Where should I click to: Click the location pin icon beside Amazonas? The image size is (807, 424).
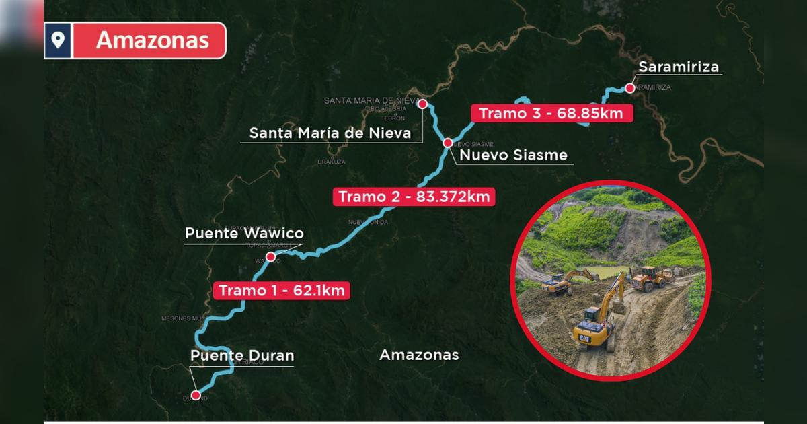click(x=58, y=40)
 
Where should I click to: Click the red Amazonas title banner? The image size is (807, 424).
click(x=152, y=40)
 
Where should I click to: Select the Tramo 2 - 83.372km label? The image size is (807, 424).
click(x=414, y=197)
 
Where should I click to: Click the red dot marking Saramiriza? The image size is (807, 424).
click(x=629, y=87)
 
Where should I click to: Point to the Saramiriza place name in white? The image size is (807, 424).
click(x=679, y=67)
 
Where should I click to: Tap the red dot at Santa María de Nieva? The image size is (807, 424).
click(x=422, y=104)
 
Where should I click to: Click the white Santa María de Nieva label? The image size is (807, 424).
click(x=330, y=133)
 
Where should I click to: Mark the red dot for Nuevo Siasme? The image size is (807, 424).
click(x=447, y=143)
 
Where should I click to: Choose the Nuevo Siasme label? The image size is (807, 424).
click(x=513, y=155)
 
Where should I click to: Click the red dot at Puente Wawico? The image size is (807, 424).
click(x=270, y=257)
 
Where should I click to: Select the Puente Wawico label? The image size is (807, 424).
click(x=244, y=234)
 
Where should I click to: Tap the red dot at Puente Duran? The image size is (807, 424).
click(x=196, y=395)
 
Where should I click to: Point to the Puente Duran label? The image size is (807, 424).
click(x=242, y=355)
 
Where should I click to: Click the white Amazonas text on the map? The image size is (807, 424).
click(x=419, y=355)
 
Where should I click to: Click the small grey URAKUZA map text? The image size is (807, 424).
click(x=332, y=162)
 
